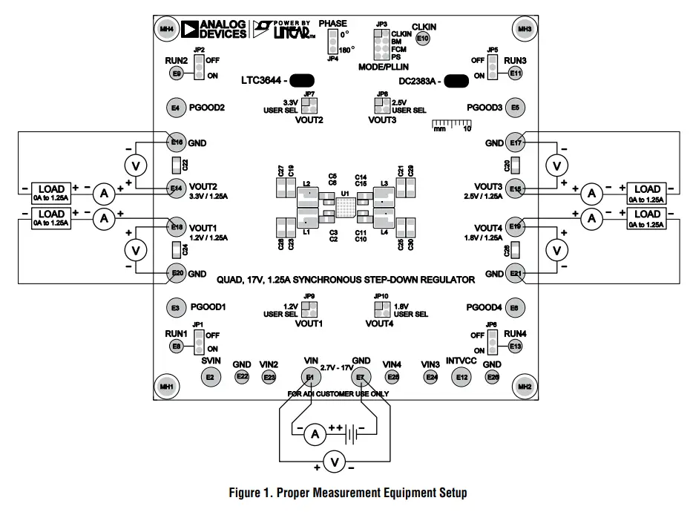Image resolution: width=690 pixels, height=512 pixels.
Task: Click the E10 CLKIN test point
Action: [x=423, y=38]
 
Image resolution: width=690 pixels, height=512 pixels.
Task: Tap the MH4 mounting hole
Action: [x=166, y=30]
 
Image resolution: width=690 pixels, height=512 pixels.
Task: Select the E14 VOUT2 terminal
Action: [x=177, y=188]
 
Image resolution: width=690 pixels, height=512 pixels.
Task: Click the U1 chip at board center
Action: [x=344, y=206]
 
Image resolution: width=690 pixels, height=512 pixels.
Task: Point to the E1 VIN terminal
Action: [x=311, y=377]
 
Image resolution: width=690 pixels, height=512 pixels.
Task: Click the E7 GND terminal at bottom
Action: [x=361, y=377]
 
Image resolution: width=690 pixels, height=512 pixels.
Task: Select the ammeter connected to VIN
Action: [x=313, y=433]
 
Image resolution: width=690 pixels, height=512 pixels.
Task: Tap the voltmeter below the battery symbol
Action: [x=335, y=463]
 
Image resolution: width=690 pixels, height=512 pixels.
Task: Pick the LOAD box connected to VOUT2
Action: [x=51, y=192]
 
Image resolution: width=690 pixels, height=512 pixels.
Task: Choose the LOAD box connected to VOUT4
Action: [x=648, y=217]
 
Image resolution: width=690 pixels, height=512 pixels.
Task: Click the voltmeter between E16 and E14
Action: [x=134, y=164]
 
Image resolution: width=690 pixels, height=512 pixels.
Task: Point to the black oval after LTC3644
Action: [x=300, y=80]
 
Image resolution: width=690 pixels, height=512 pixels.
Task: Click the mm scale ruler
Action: [x=451, y=123]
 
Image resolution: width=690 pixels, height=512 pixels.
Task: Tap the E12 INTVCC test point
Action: [x=463, y=378]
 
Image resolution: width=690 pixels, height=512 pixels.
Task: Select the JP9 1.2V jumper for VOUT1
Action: [x=308, y=309]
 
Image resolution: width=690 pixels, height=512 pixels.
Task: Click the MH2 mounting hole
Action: [x=525, y=386]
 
